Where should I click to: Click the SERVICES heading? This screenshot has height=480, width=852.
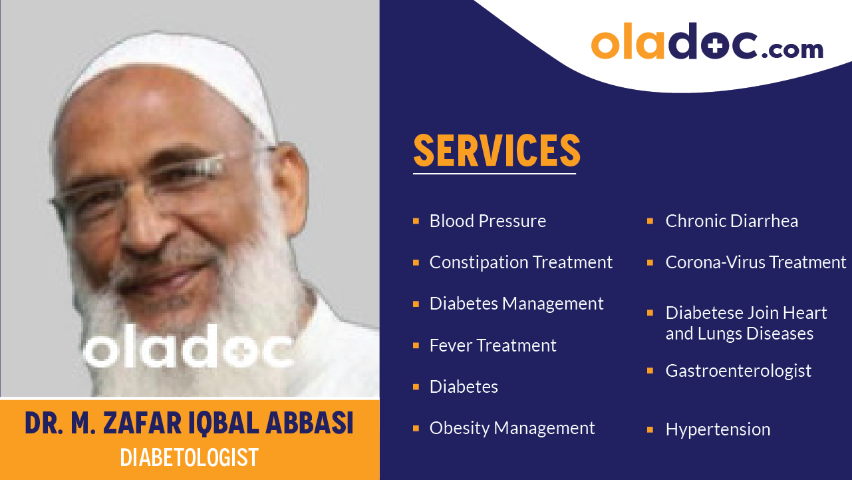pos(496,150)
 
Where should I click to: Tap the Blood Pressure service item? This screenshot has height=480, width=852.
pos(488,221)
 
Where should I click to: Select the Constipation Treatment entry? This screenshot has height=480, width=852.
pos(521,262)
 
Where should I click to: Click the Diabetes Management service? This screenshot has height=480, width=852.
pos(516,304)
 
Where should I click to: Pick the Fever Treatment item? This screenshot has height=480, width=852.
pos(492,346)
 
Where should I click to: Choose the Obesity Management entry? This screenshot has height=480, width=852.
pos(512,428)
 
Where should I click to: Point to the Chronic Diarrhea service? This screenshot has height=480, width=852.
pos(732,221)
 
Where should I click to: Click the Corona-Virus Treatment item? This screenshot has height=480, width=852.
pos(756,262)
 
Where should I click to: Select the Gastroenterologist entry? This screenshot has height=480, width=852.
pos(738,371)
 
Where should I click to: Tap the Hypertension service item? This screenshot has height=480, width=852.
pos(718,429)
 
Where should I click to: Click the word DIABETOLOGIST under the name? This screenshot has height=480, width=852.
pos(189,458)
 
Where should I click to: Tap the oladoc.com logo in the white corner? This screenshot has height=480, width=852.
pos(706,44)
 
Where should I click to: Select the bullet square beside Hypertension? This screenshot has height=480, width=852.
pos(650,430)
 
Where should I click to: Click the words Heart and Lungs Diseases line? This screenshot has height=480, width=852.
pos(739,333)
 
